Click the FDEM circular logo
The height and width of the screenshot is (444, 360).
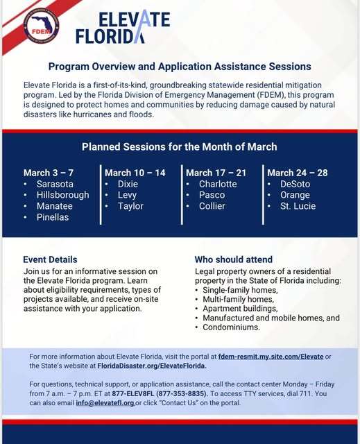(x=41, y=27)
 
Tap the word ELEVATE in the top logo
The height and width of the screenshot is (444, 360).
(x=134, y=19)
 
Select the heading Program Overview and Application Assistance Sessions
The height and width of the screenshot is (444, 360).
(x=180, y=67)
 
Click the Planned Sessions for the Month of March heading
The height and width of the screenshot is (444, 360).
(x=180, y=146)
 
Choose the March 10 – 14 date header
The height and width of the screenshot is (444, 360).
(x=135, y=173)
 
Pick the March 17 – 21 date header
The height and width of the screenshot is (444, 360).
(x=216, y=173)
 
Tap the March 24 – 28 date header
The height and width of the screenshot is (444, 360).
(x=298, y=173)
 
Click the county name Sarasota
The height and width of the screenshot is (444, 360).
(x=55, y=184)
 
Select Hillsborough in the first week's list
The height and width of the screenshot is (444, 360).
(x=62, y=195)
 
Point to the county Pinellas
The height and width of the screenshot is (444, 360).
(x=53, y=217)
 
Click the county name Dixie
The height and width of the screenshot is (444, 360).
(x=128, y=184)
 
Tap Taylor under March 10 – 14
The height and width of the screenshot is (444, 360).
(x=130, y=206)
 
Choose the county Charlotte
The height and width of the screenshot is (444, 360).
(x=218, y=184)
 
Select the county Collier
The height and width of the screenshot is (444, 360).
(x=212, y=206)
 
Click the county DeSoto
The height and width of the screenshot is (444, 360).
(x=295, y=184)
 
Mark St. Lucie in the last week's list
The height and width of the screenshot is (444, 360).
(x=298, y=206)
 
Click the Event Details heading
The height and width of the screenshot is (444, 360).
(x=50, y=259)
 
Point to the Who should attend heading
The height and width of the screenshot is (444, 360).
(x=233, y=259)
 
